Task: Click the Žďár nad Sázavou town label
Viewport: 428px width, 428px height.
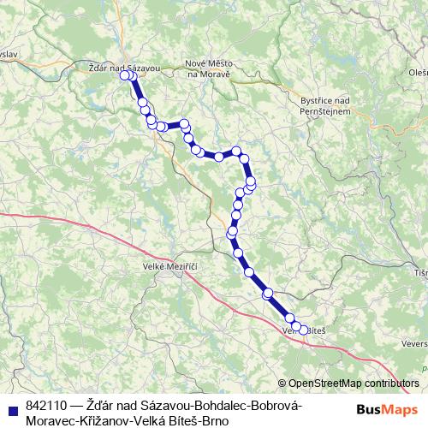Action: (124, 66)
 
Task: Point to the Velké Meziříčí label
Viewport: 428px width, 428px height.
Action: (170, 268)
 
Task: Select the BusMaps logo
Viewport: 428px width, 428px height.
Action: (386, 409)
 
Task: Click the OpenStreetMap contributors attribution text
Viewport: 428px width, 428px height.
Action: (354, 383)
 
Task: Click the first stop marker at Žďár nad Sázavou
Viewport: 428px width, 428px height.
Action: (125, 75)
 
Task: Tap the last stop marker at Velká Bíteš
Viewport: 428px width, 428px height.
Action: (303, 330)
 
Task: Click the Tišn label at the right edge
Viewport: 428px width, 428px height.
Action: (419, 272)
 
